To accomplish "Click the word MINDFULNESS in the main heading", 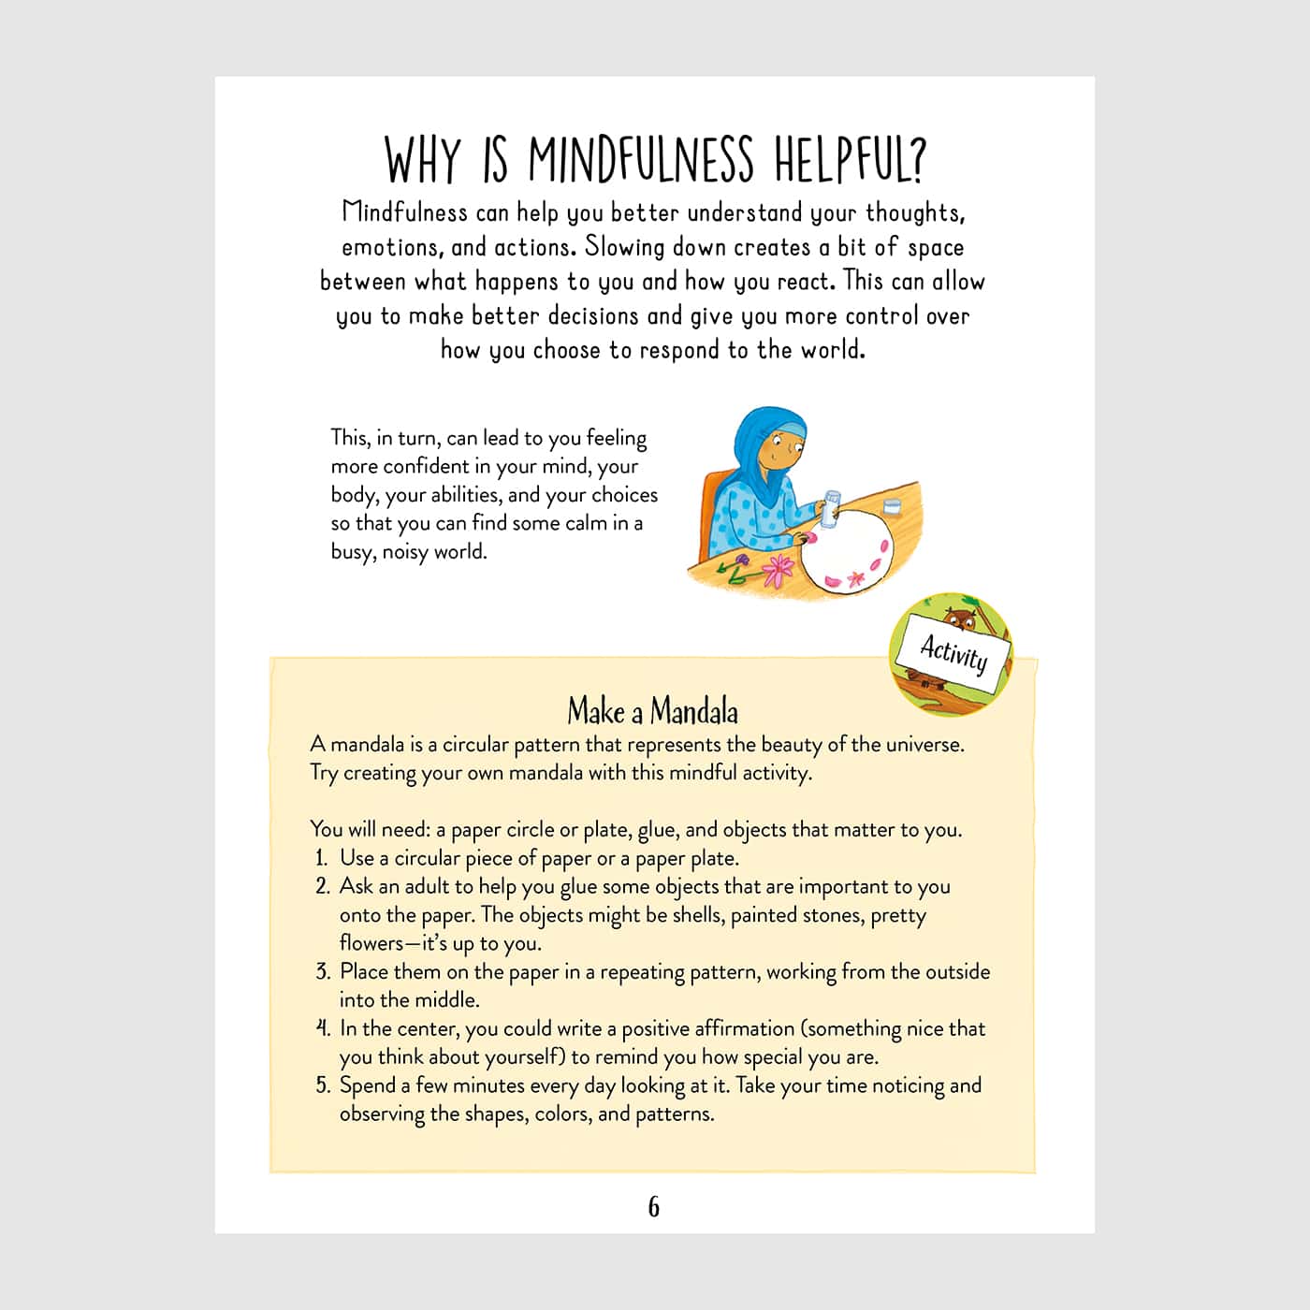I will point(640,160).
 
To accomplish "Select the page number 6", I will point(653,1207).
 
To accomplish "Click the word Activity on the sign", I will point(953,652).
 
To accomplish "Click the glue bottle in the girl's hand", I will point(830,507).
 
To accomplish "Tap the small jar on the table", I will point(891,506).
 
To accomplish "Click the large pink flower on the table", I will point(779,569).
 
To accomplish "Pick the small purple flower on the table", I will point(740,562).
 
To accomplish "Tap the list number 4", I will point(323,1028).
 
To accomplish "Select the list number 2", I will point(323,886).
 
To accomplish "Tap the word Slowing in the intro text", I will point(625,247).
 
